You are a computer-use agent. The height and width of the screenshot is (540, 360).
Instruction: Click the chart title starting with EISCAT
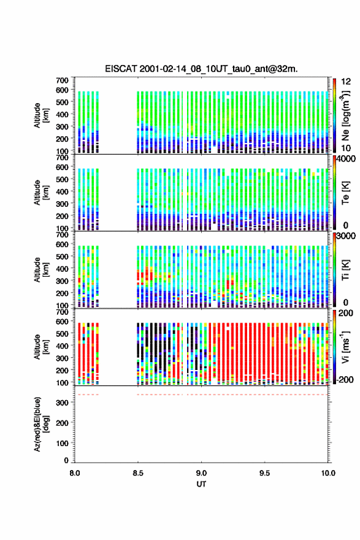click(x=201, y=69)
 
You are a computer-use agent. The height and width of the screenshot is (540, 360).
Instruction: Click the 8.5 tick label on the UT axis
click(x=138, y=473)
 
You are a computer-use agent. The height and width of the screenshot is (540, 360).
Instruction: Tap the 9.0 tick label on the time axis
click(x=201, y=473)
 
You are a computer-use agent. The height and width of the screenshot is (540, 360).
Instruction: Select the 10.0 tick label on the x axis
click(x=328, y=473)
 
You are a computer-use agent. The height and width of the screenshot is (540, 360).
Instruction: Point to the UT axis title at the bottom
click(x=201, y=484)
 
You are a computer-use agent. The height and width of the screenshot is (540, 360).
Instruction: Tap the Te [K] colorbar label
click(x=345, y=193)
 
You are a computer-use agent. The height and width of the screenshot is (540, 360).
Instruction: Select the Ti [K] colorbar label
click(x=345, y=270)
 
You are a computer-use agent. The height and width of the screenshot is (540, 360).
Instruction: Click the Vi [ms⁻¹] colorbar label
click(x=345, y=347)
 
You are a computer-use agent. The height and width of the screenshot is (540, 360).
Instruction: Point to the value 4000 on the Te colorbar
click(x=345, y=160)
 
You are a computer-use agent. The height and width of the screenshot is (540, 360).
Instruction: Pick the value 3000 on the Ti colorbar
click(x=346, y=236)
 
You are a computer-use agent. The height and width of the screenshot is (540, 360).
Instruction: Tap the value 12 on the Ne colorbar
click(x=346, y=82)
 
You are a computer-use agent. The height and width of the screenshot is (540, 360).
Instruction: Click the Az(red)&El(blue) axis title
click(x=40, y=424)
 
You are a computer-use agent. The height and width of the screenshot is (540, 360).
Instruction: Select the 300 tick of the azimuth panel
click(x=63, y=403)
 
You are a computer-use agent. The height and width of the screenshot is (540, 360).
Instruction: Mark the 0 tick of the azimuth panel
click(x=66, y=460)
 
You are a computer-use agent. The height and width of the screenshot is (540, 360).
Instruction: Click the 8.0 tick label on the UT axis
click(x=75, y=473)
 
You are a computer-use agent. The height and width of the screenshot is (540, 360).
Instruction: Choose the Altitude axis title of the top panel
click(x=40, y=115)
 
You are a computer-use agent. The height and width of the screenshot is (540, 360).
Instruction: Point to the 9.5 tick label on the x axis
click(x=265, y=473)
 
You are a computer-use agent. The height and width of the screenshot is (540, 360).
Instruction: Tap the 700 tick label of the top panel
click(x=63, y=80)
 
